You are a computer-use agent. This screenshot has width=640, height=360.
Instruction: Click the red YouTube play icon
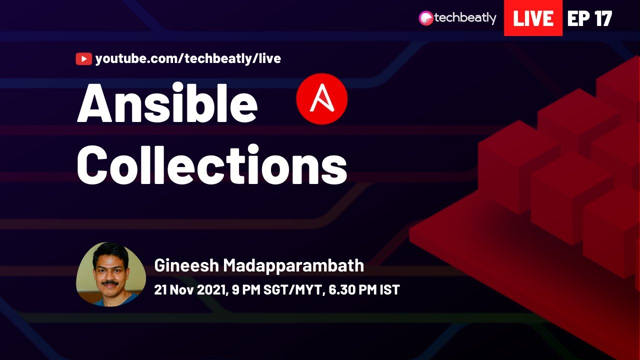[x=83, y=59]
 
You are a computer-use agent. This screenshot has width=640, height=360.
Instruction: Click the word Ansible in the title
[x=167, y=103]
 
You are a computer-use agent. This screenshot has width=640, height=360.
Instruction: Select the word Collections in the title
[x=211, y=164]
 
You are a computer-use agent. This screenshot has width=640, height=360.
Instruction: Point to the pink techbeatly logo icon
[x=425, y=18]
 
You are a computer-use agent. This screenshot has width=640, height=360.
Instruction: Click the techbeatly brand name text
[x=465, y=18]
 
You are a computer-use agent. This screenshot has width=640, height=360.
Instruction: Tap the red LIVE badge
[x=533, y=18]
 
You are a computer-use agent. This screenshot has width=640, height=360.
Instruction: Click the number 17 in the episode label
[x=603, y=18]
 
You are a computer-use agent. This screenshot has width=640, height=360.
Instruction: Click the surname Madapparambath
[x=293, y=266]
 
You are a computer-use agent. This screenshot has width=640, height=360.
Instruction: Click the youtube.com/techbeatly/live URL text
[x=188, y=59]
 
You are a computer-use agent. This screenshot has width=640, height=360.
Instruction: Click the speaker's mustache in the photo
[x=109, y=283]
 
